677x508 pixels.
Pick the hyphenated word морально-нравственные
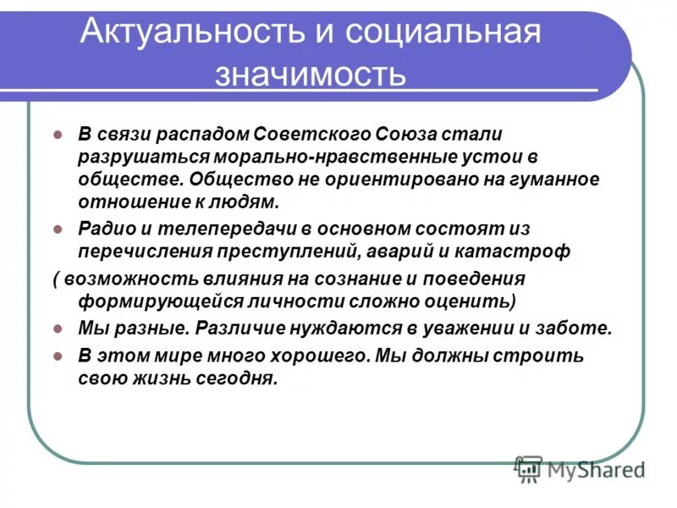(322, 157)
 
